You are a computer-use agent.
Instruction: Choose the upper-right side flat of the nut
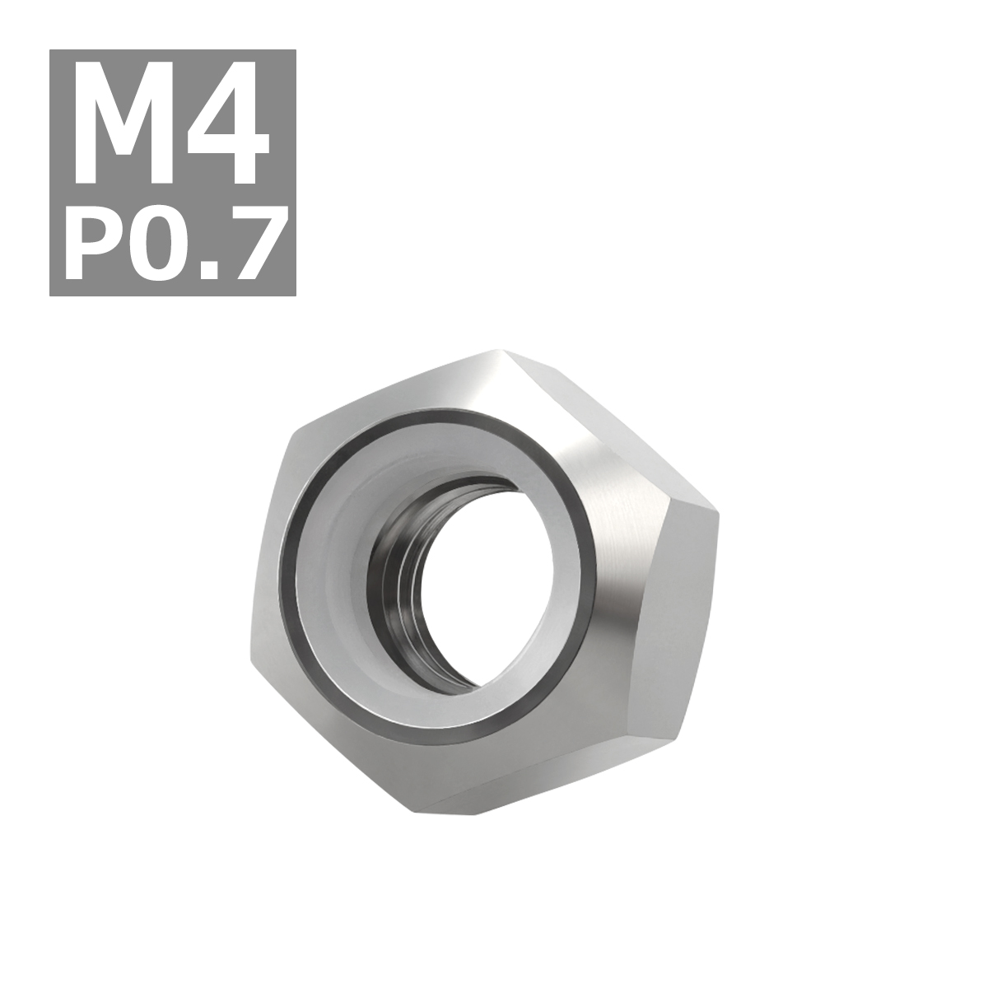609,412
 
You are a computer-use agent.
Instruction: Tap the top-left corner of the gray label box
51,51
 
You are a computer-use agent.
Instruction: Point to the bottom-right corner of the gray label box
295,295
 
